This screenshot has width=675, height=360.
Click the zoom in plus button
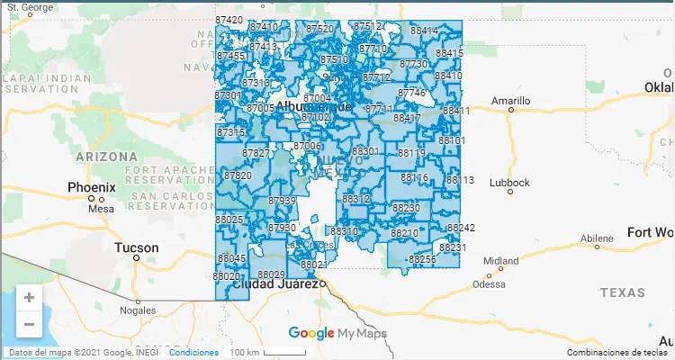29,297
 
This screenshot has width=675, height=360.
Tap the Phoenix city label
92,187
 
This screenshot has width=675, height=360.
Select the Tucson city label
137,247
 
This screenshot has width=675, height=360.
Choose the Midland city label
501,261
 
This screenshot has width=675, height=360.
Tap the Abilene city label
596,238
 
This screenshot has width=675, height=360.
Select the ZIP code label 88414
424,31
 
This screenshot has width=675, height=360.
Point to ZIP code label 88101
452,140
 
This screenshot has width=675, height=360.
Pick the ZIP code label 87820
238,175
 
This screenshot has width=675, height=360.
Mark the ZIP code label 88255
422,259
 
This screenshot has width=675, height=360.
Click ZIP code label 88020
227,275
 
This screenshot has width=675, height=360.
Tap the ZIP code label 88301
365,151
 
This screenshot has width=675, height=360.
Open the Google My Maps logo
337,334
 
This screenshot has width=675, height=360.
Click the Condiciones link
193,352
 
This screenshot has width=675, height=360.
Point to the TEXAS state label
622,292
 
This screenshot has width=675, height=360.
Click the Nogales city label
138,310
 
